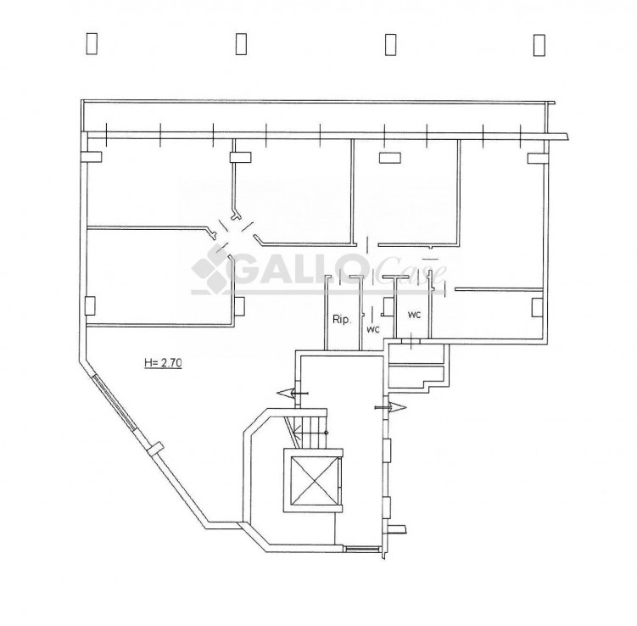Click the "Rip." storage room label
[x=342, y=319]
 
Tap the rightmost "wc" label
[x=414, y=315]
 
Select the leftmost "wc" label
[x=373, y=329]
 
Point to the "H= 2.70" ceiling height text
[x=164, y=363]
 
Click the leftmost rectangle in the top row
[x=92, y=44]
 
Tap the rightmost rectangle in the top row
[x=539, y=45]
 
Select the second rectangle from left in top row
[x=241, y=44]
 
